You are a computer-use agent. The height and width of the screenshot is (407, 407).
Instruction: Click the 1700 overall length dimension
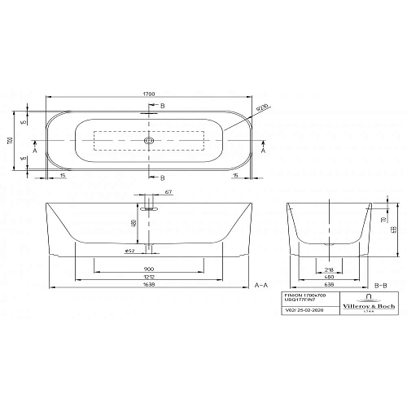coord(150,94)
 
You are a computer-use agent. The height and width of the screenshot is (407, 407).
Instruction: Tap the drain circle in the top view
coord(149,142)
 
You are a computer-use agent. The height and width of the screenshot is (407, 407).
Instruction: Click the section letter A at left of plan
coord(36,150)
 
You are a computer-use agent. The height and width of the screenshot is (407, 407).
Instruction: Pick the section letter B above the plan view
coord(161,107)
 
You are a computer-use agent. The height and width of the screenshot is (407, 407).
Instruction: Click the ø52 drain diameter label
coord(129,251)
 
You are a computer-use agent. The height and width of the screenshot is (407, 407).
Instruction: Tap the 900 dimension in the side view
coord(148,269)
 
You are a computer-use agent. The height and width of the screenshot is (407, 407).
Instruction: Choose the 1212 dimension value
coord(148,278)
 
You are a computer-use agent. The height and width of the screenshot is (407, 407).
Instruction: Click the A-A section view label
coord(261,286)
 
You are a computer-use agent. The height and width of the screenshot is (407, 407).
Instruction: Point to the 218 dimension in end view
coord(327,269)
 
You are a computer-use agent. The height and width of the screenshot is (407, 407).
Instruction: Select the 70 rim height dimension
coord(381,219)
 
